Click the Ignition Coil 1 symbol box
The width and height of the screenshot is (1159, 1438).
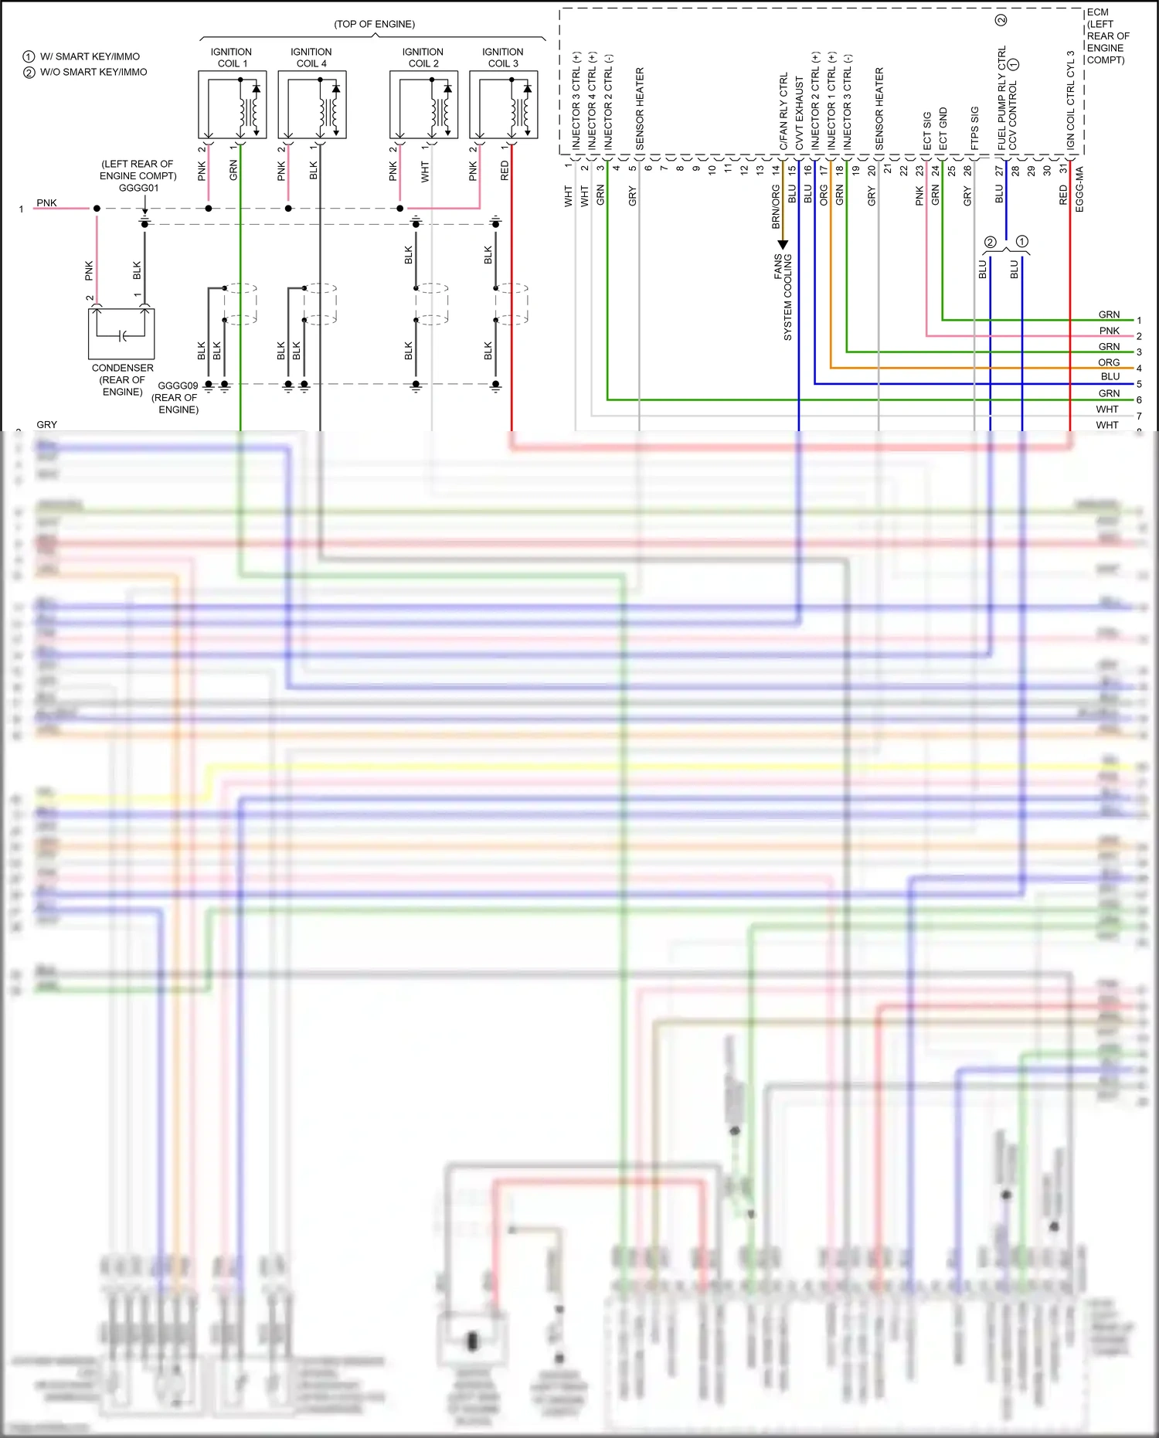(x=232, y=105)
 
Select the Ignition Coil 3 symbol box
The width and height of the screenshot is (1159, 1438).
(x=503, y=105)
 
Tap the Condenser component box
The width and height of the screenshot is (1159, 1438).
(x=121, y=333)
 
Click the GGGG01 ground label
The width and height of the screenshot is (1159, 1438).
(x=139, y=188)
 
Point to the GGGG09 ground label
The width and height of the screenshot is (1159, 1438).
(x=178, y=386)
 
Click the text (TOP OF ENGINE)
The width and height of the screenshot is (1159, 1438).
(x=374, y=24)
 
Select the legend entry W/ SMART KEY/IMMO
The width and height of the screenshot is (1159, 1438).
(x=90, y=56)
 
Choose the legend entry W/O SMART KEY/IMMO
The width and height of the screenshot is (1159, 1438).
(x=93, y=72)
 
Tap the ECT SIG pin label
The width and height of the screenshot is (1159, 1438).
(x=927, y=131)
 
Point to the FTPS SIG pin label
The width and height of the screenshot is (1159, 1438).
(x=975, y=127)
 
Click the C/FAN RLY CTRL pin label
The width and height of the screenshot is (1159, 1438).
(x=783, y=111)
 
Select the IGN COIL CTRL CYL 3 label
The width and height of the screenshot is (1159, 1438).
(x=1071, y=100)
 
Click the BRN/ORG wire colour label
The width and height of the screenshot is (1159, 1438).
(x=776, y=206)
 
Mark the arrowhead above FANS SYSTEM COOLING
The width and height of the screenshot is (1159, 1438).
(x=783, y=245)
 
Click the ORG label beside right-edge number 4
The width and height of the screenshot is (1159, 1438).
(x=1109, y=362)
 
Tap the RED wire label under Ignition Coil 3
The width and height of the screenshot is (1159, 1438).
(x=505, y=171)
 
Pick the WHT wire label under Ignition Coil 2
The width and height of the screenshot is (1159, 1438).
(x=424, y=172)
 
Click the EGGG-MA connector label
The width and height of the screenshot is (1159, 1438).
(x=1079, y=189)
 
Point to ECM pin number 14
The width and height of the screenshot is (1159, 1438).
(x=776, y=168)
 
